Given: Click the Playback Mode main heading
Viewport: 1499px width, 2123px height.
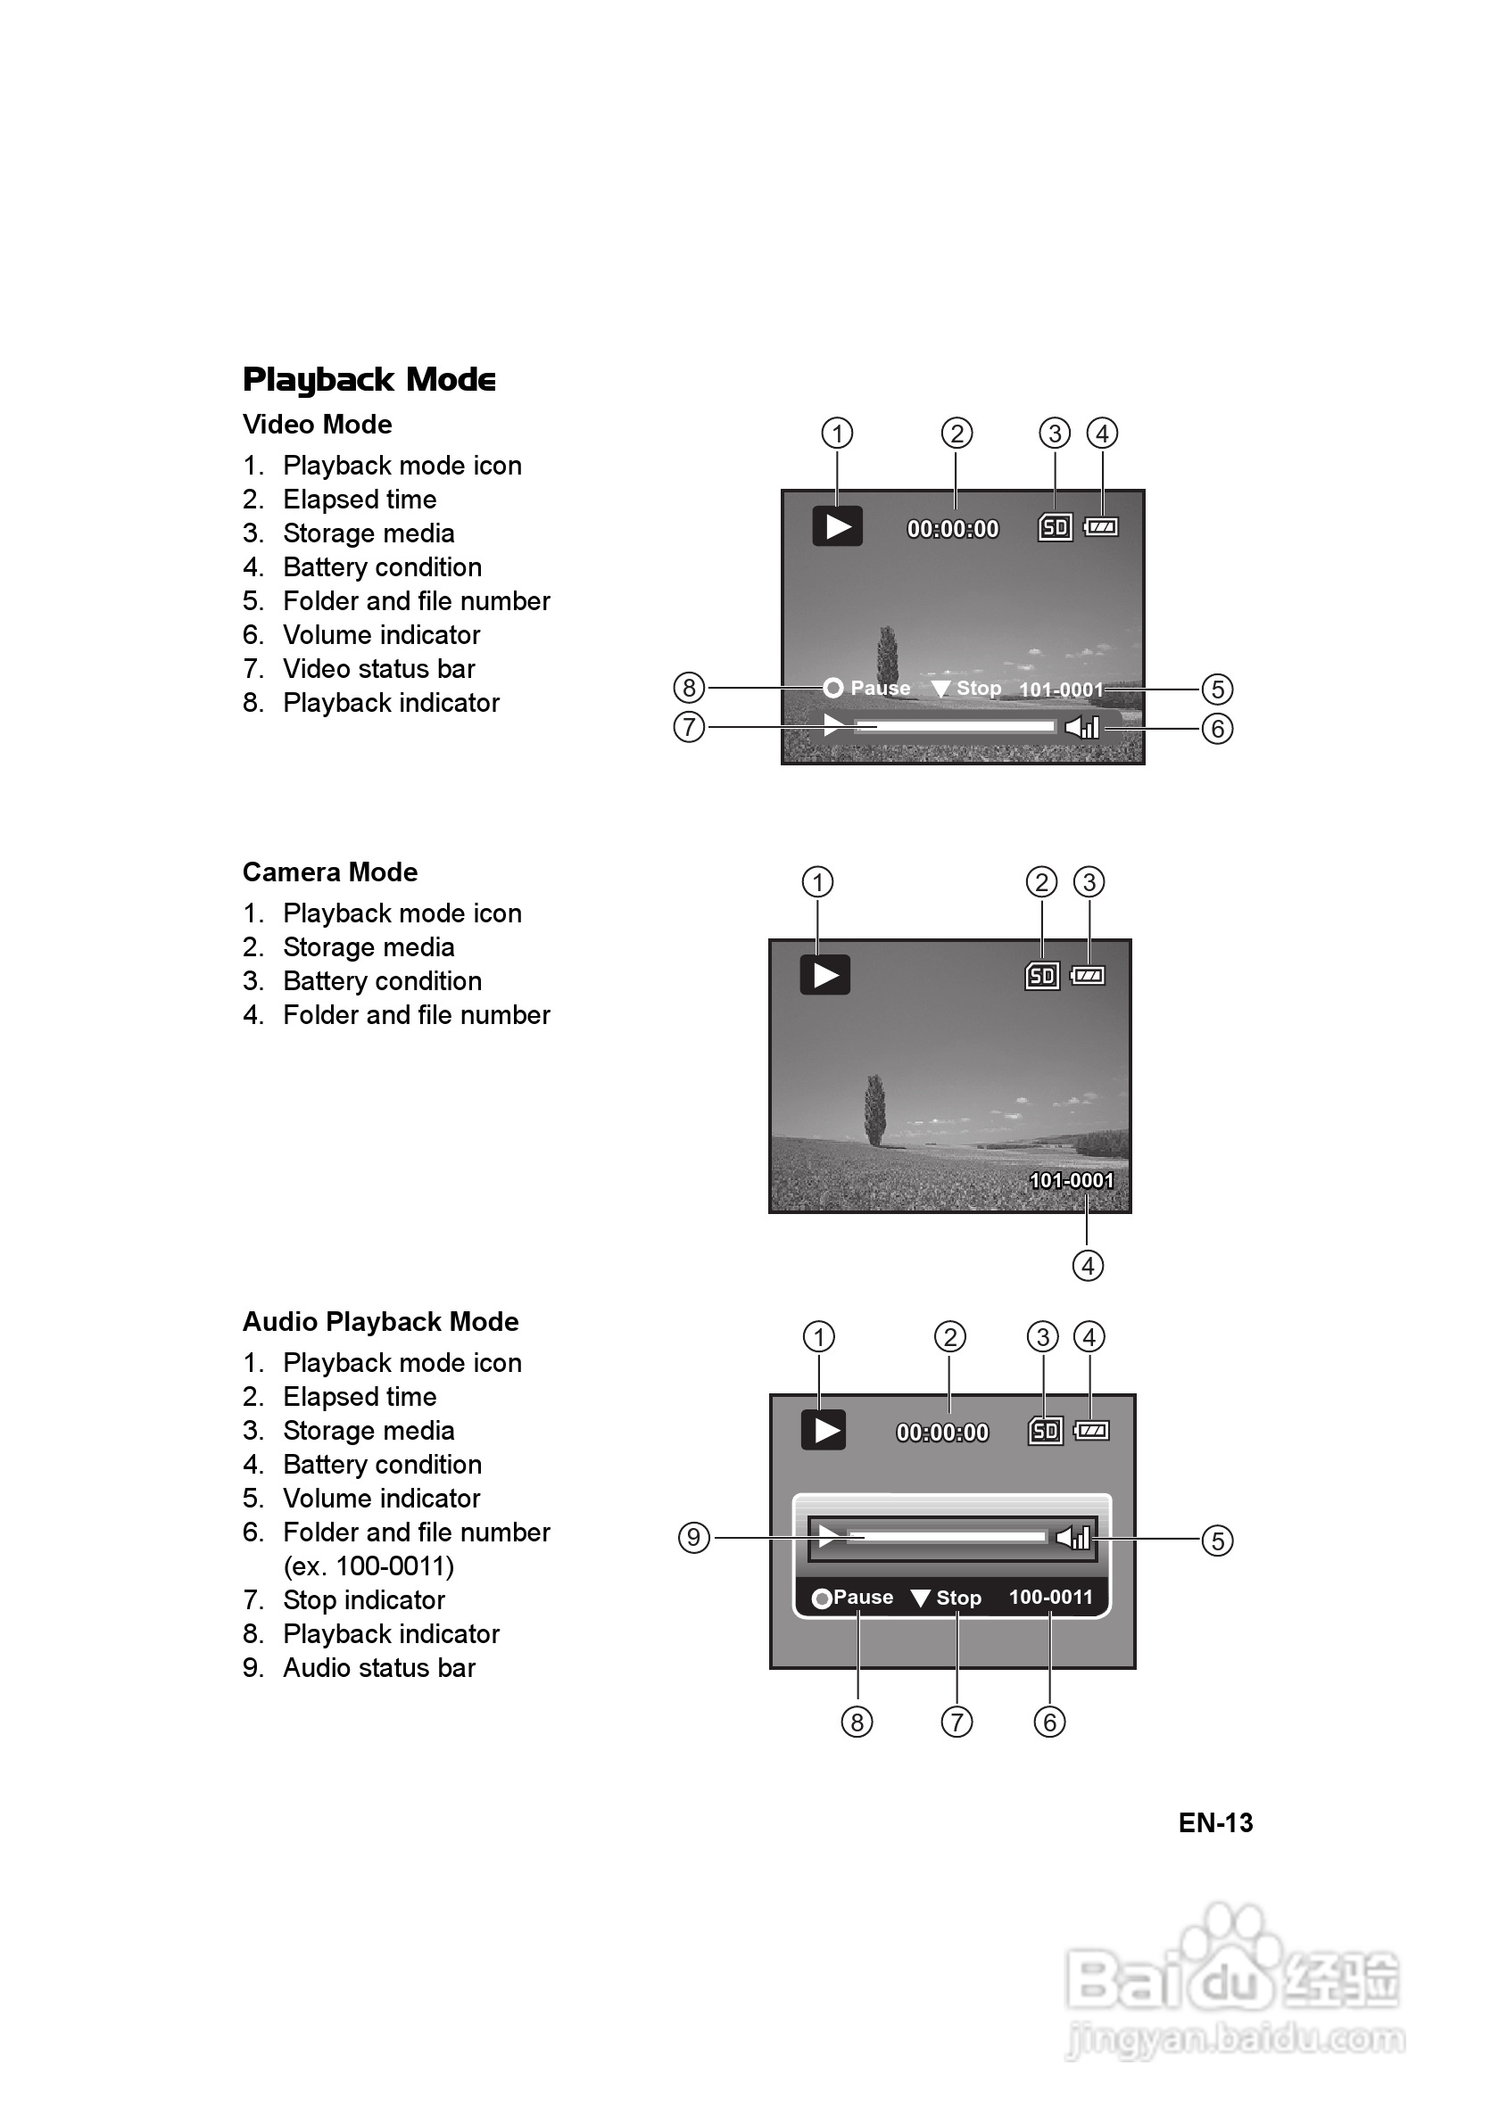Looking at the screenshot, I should coord(369,379).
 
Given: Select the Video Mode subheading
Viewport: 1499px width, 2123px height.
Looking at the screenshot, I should coord(317,425).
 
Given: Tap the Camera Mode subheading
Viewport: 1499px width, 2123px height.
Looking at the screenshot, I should coord(330,872).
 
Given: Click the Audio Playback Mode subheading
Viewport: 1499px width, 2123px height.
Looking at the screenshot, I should coord(380,1321).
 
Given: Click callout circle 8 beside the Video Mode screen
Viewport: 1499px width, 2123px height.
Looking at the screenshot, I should coord(688,687).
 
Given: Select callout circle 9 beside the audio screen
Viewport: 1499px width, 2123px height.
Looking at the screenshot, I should coord(693,1538).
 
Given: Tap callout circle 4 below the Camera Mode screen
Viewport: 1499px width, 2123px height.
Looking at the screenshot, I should coord(1088,1265).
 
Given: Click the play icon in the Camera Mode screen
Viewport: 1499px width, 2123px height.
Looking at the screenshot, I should coord(824,975).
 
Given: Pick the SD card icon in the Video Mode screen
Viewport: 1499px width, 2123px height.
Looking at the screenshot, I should coord(1056,527).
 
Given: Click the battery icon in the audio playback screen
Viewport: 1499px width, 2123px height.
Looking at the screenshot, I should coord(1091,1431).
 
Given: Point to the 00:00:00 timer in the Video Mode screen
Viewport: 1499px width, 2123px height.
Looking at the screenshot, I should coord(952,529).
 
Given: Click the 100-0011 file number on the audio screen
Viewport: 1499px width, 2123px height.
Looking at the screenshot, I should coord(1050,1597).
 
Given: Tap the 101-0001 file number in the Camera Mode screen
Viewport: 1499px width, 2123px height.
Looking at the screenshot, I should coord(1072,1180).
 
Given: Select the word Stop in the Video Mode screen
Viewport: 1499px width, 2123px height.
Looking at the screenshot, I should coord(979,688).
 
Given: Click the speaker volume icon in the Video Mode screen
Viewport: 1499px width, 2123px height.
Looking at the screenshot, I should coord(1082,728).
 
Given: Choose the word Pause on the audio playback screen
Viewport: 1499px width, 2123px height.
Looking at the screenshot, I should coord(863,1597).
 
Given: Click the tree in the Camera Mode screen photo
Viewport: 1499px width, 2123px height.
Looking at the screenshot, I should coord(874,1110).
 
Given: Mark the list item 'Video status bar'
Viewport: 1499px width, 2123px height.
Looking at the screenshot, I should coord(378,668).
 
